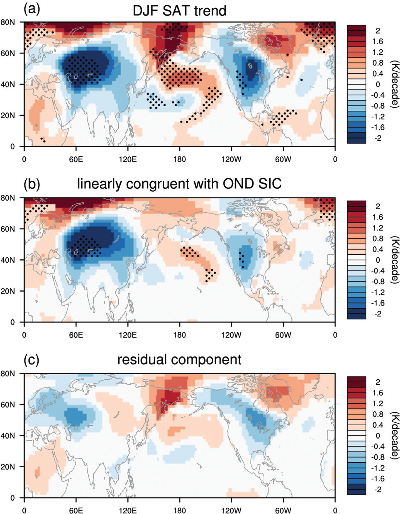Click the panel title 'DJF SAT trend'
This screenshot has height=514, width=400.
pyautogui.click(x=179, y=11)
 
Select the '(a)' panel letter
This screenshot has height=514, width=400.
pyautogui.click(x=32, y=10)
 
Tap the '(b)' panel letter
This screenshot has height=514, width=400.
pyautogui.click(x=32, y=184)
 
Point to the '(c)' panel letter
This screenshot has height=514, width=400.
pyautogui.click(x=31, y=360)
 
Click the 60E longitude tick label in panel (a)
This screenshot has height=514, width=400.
pyautogui.click(x=76, y=159)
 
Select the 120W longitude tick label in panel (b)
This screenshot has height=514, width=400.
pyautogui.click(x=231, y=335)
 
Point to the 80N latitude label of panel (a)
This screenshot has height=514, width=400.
pyautogui.click(x=8, y=22)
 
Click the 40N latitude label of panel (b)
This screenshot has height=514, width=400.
pyautogui.click(x=8, y=260)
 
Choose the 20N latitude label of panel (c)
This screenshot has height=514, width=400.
pyautogui.click(x=8, y=467)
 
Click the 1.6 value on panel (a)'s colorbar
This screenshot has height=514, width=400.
pyautogui.click(x=378, y=42)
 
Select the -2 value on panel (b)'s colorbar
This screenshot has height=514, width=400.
pyautogui.click(x=378, y=314)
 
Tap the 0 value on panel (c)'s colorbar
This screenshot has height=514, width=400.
pyautogui.click(x=378, y=436)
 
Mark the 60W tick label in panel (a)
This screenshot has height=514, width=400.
pyautogui.click(x=283, y=159)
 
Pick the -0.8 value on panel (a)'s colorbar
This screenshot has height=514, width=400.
pyautogui.click(x=378, y=106)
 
